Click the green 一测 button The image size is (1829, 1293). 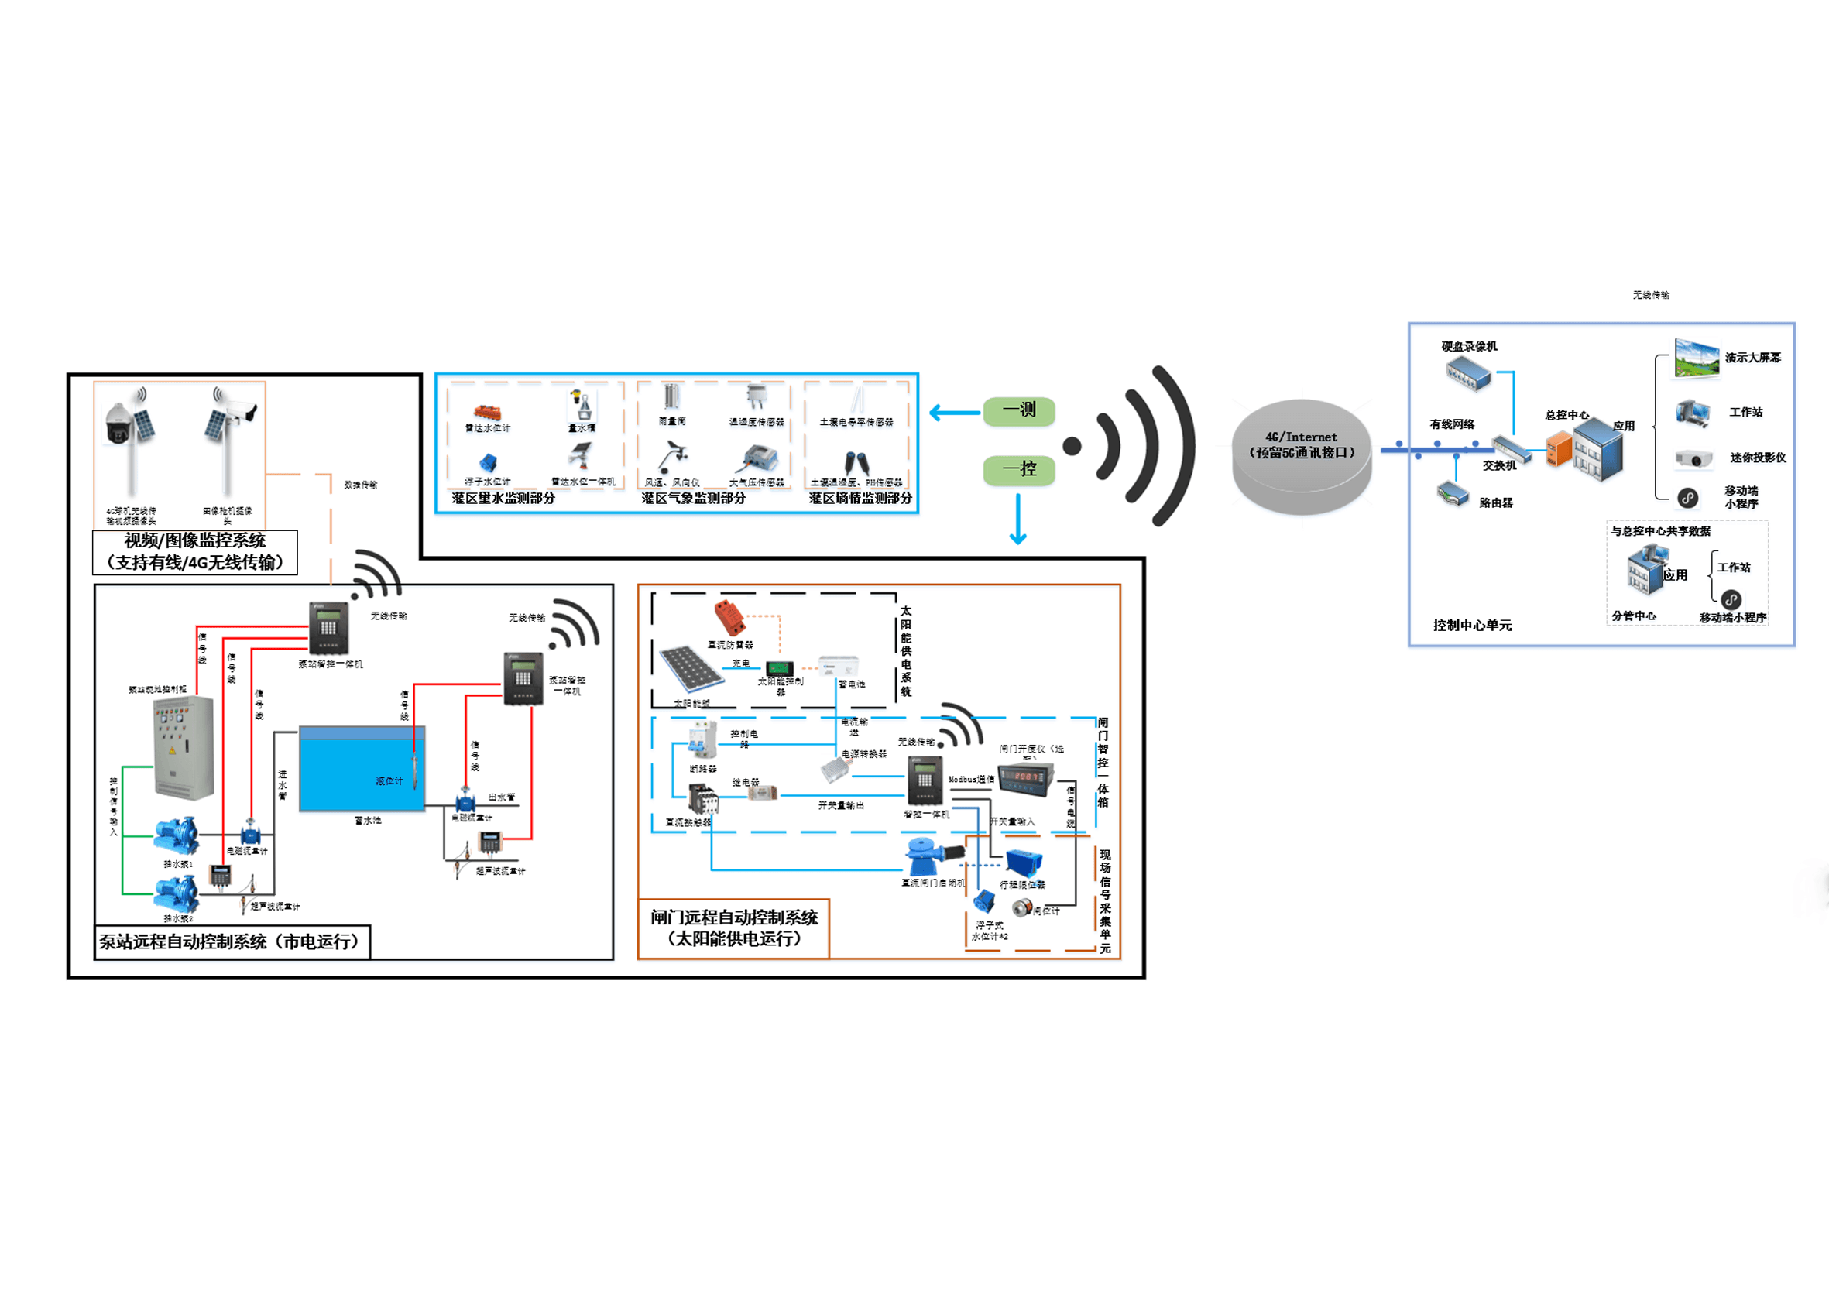click(1019, 410)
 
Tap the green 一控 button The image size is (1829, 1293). click(1019, 469)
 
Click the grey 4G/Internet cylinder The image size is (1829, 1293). click(1302, 456)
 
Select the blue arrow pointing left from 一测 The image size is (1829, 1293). click(954, 412)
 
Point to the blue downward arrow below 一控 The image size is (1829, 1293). click(1018, 520)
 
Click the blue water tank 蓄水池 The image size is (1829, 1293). click(362, 770)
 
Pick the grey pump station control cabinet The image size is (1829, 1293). click(184, 747)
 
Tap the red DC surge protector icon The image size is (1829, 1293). click(729, 619)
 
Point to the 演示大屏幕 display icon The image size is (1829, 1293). click(1696, 358)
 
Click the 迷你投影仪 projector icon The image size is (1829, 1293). click(1693, 459)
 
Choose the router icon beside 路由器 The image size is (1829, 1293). click(1453, 495)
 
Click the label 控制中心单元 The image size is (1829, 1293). click(1472, 626)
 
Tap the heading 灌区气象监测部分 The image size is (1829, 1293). click(693, 498)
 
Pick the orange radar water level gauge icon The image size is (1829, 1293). click(487, 412)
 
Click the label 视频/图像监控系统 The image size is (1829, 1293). click(195, 541)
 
